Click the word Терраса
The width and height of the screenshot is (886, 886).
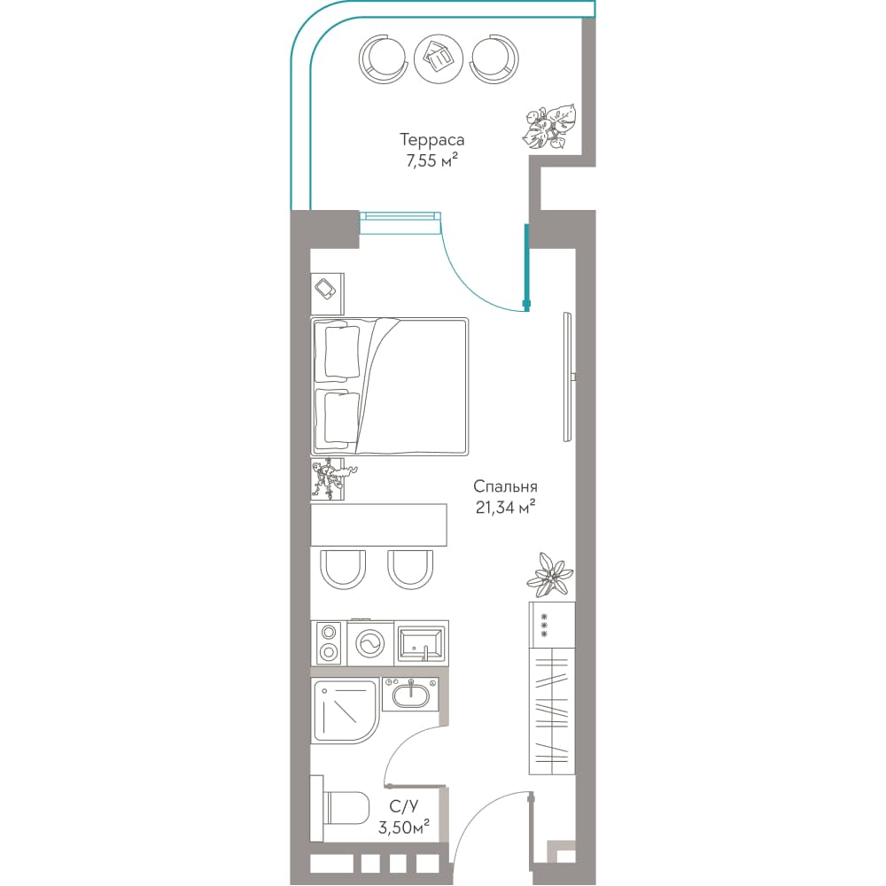[432, 140]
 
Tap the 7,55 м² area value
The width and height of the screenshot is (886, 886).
[431, 160]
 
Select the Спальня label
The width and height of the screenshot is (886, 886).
[505, 486]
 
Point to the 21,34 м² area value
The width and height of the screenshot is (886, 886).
[505, 508]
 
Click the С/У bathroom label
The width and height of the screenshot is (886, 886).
[404, 806]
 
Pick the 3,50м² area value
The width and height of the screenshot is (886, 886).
[404, 828]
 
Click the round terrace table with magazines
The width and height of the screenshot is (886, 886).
[439, 58]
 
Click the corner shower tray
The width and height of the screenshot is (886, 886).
[346, 711]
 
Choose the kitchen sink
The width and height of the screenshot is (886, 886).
[422, 643]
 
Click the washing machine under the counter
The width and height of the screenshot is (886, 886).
[370, 643]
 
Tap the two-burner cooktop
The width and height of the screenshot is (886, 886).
[329, 643]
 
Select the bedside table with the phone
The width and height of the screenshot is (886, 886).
[327, 294]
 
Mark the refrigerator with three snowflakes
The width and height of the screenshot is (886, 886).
[552, 625]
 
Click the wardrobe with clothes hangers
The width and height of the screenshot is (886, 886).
[552, 711]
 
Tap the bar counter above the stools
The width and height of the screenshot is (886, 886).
[378, 525]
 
